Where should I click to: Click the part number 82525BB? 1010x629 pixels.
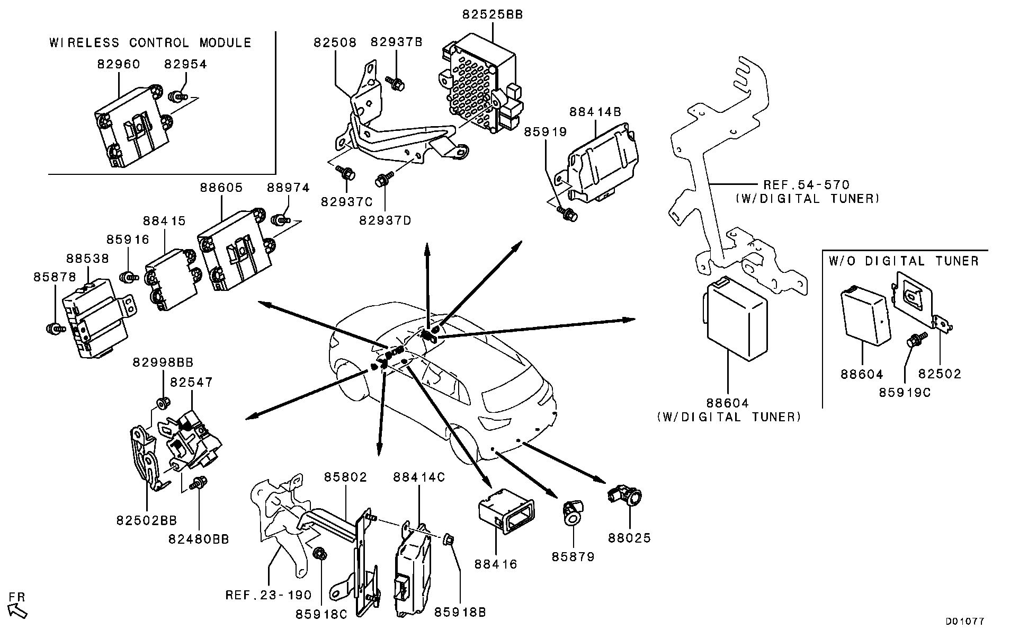(492, 15)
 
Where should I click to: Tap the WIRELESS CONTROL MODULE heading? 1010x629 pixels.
(150, 43)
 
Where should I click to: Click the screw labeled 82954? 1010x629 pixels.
(177, 97)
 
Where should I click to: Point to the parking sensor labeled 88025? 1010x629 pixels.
(627, 496)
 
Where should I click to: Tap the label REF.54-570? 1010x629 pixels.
(806, 185)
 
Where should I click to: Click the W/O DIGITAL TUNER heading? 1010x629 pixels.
(903, 261)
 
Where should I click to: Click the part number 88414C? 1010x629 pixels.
(418, 477)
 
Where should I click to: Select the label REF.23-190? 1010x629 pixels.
(269, 595)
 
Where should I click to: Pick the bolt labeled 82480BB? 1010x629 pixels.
(200, 483)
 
